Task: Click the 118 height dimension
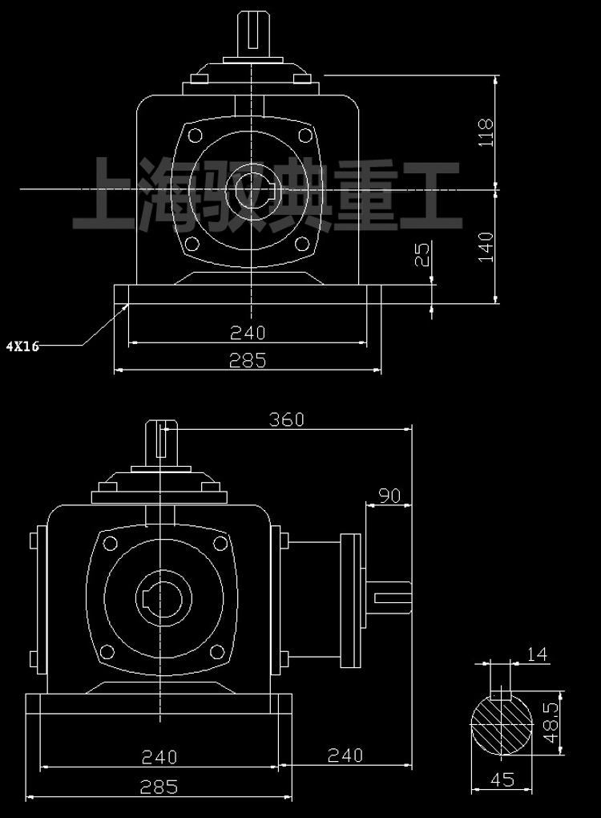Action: click(486, 132)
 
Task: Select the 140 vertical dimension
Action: click(486, 246)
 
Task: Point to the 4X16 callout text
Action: click(22, 346)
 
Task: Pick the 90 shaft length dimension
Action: click(389, 496)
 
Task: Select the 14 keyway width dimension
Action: click(538, 654)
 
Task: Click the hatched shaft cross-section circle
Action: click(501, 724)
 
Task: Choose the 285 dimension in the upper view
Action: click(247, 361)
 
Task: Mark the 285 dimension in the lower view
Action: click(159, 787)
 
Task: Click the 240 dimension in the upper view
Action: click(247, 332)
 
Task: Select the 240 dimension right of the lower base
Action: click(345, 755)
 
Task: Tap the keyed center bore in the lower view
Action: click(163, 597)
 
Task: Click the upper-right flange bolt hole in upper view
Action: click(303, 135)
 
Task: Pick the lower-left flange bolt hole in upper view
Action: click(192, 245)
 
